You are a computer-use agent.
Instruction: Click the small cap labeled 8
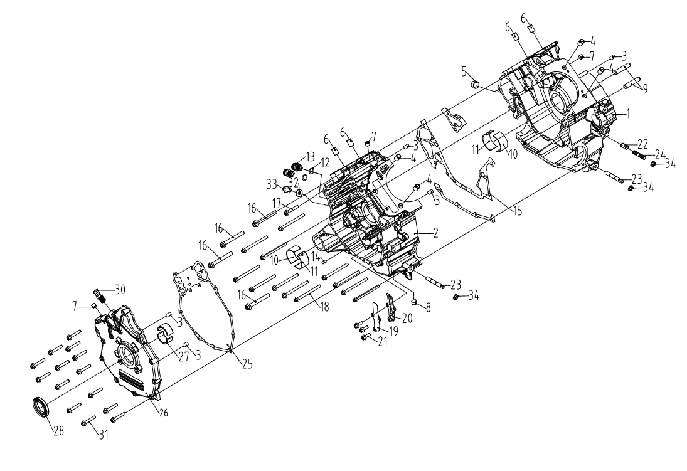(x=413, y=304)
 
